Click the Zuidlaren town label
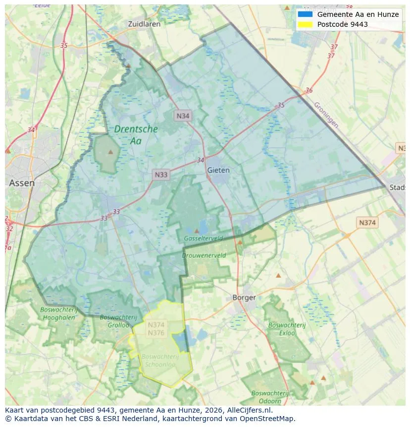point(144,24)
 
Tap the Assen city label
point(22,183)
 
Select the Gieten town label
point(218,170)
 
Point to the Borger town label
point(244,298)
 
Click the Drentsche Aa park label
point(136,135)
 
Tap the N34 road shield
point(183,116)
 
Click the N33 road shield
point(161,175)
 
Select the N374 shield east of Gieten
point(367,223)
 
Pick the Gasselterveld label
point(203,239)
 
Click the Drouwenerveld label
point(204,255)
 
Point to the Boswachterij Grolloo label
point(118,321)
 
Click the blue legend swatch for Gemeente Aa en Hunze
point(305,14)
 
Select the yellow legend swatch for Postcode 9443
point(305,24)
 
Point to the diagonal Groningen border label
point(326,115)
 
